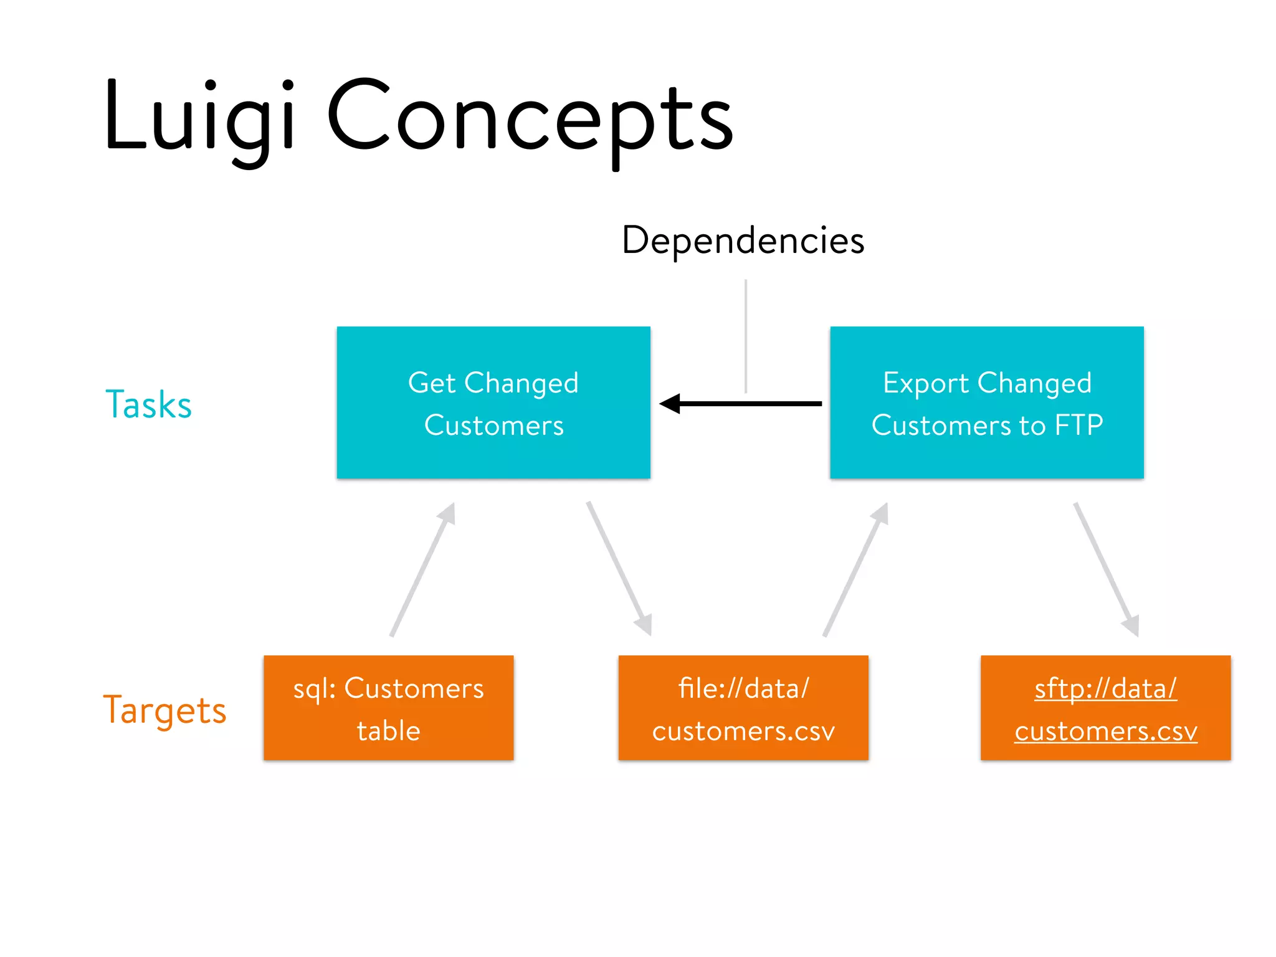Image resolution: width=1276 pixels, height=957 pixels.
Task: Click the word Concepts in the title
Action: tap(530, 118)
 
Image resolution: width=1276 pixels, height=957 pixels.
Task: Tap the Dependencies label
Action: tap(743, 240)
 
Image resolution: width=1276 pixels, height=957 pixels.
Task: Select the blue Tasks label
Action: tap(148, 404)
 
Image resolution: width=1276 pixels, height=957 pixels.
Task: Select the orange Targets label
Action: tap(164, 710)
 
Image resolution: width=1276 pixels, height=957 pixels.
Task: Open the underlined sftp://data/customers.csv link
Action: tap(1105, 710)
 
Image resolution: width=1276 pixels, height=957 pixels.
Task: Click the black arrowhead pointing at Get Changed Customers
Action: tap(670, 404)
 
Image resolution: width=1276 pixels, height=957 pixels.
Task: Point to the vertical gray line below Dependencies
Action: tap(746, 336)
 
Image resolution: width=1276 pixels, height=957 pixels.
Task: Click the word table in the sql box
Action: tap(388, 731)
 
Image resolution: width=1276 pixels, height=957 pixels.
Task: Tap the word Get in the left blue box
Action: tap(432, 383)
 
